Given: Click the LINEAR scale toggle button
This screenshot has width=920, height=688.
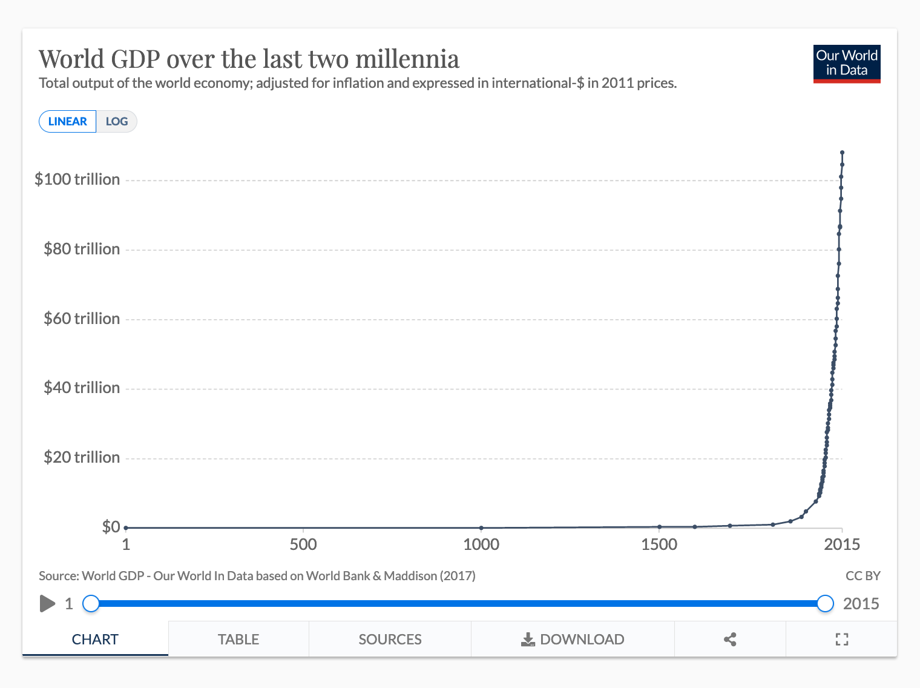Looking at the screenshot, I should [x=67, y=122].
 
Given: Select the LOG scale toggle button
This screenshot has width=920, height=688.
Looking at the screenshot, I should [x=116, y=122].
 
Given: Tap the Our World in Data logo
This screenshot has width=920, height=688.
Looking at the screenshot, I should [x=846, y=64].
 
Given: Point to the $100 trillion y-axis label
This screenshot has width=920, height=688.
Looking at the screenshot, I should [x=77, y=179].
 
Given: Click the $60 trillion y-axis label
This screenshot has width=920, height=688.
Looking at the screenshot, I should [x=82, y=319].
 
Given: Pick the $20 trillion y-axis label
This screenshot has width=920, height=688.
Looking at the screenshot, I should [x=82, y=457].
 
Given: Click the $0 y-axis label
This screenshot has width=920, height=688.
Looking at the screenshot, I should [x=111, y=527].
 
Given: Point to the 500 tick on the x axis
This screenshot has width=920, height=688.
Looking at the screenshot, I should [x=303, y=544].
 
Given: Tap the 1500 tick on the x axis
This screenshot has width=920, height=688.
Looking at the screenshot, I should [x=659, y=544].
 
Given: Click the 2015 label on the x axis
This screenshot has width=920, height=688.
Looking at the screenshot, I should [x=841, y=544].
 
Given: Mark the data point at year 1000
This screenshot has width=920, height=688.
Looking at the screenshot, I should [x=481, y=528].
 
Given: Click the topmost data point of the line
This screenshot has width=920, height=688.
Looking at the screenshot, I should [x=842, y=153].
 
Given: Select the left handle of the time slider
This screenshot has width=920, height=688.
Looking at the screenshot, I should [x=91, y=604].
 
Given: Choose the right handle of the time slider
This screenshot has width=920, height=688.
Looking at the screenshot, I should [x=825, y=604].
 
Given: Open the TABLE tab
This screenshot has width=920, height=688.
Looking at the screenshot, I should [x=238, y=640].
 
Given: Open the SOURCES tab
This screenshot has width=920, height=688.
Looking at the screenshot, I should [x=390, y=640].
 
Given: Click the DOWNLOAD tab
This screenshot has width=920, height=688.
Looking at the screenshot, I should [x=573, y=640].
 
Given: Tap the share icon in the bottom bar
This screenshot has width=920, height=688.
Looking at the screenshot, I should [x=730, y=640].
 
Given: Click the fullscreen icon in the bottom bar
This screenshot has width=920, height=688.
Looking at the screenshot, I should [x=841, y=640].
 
